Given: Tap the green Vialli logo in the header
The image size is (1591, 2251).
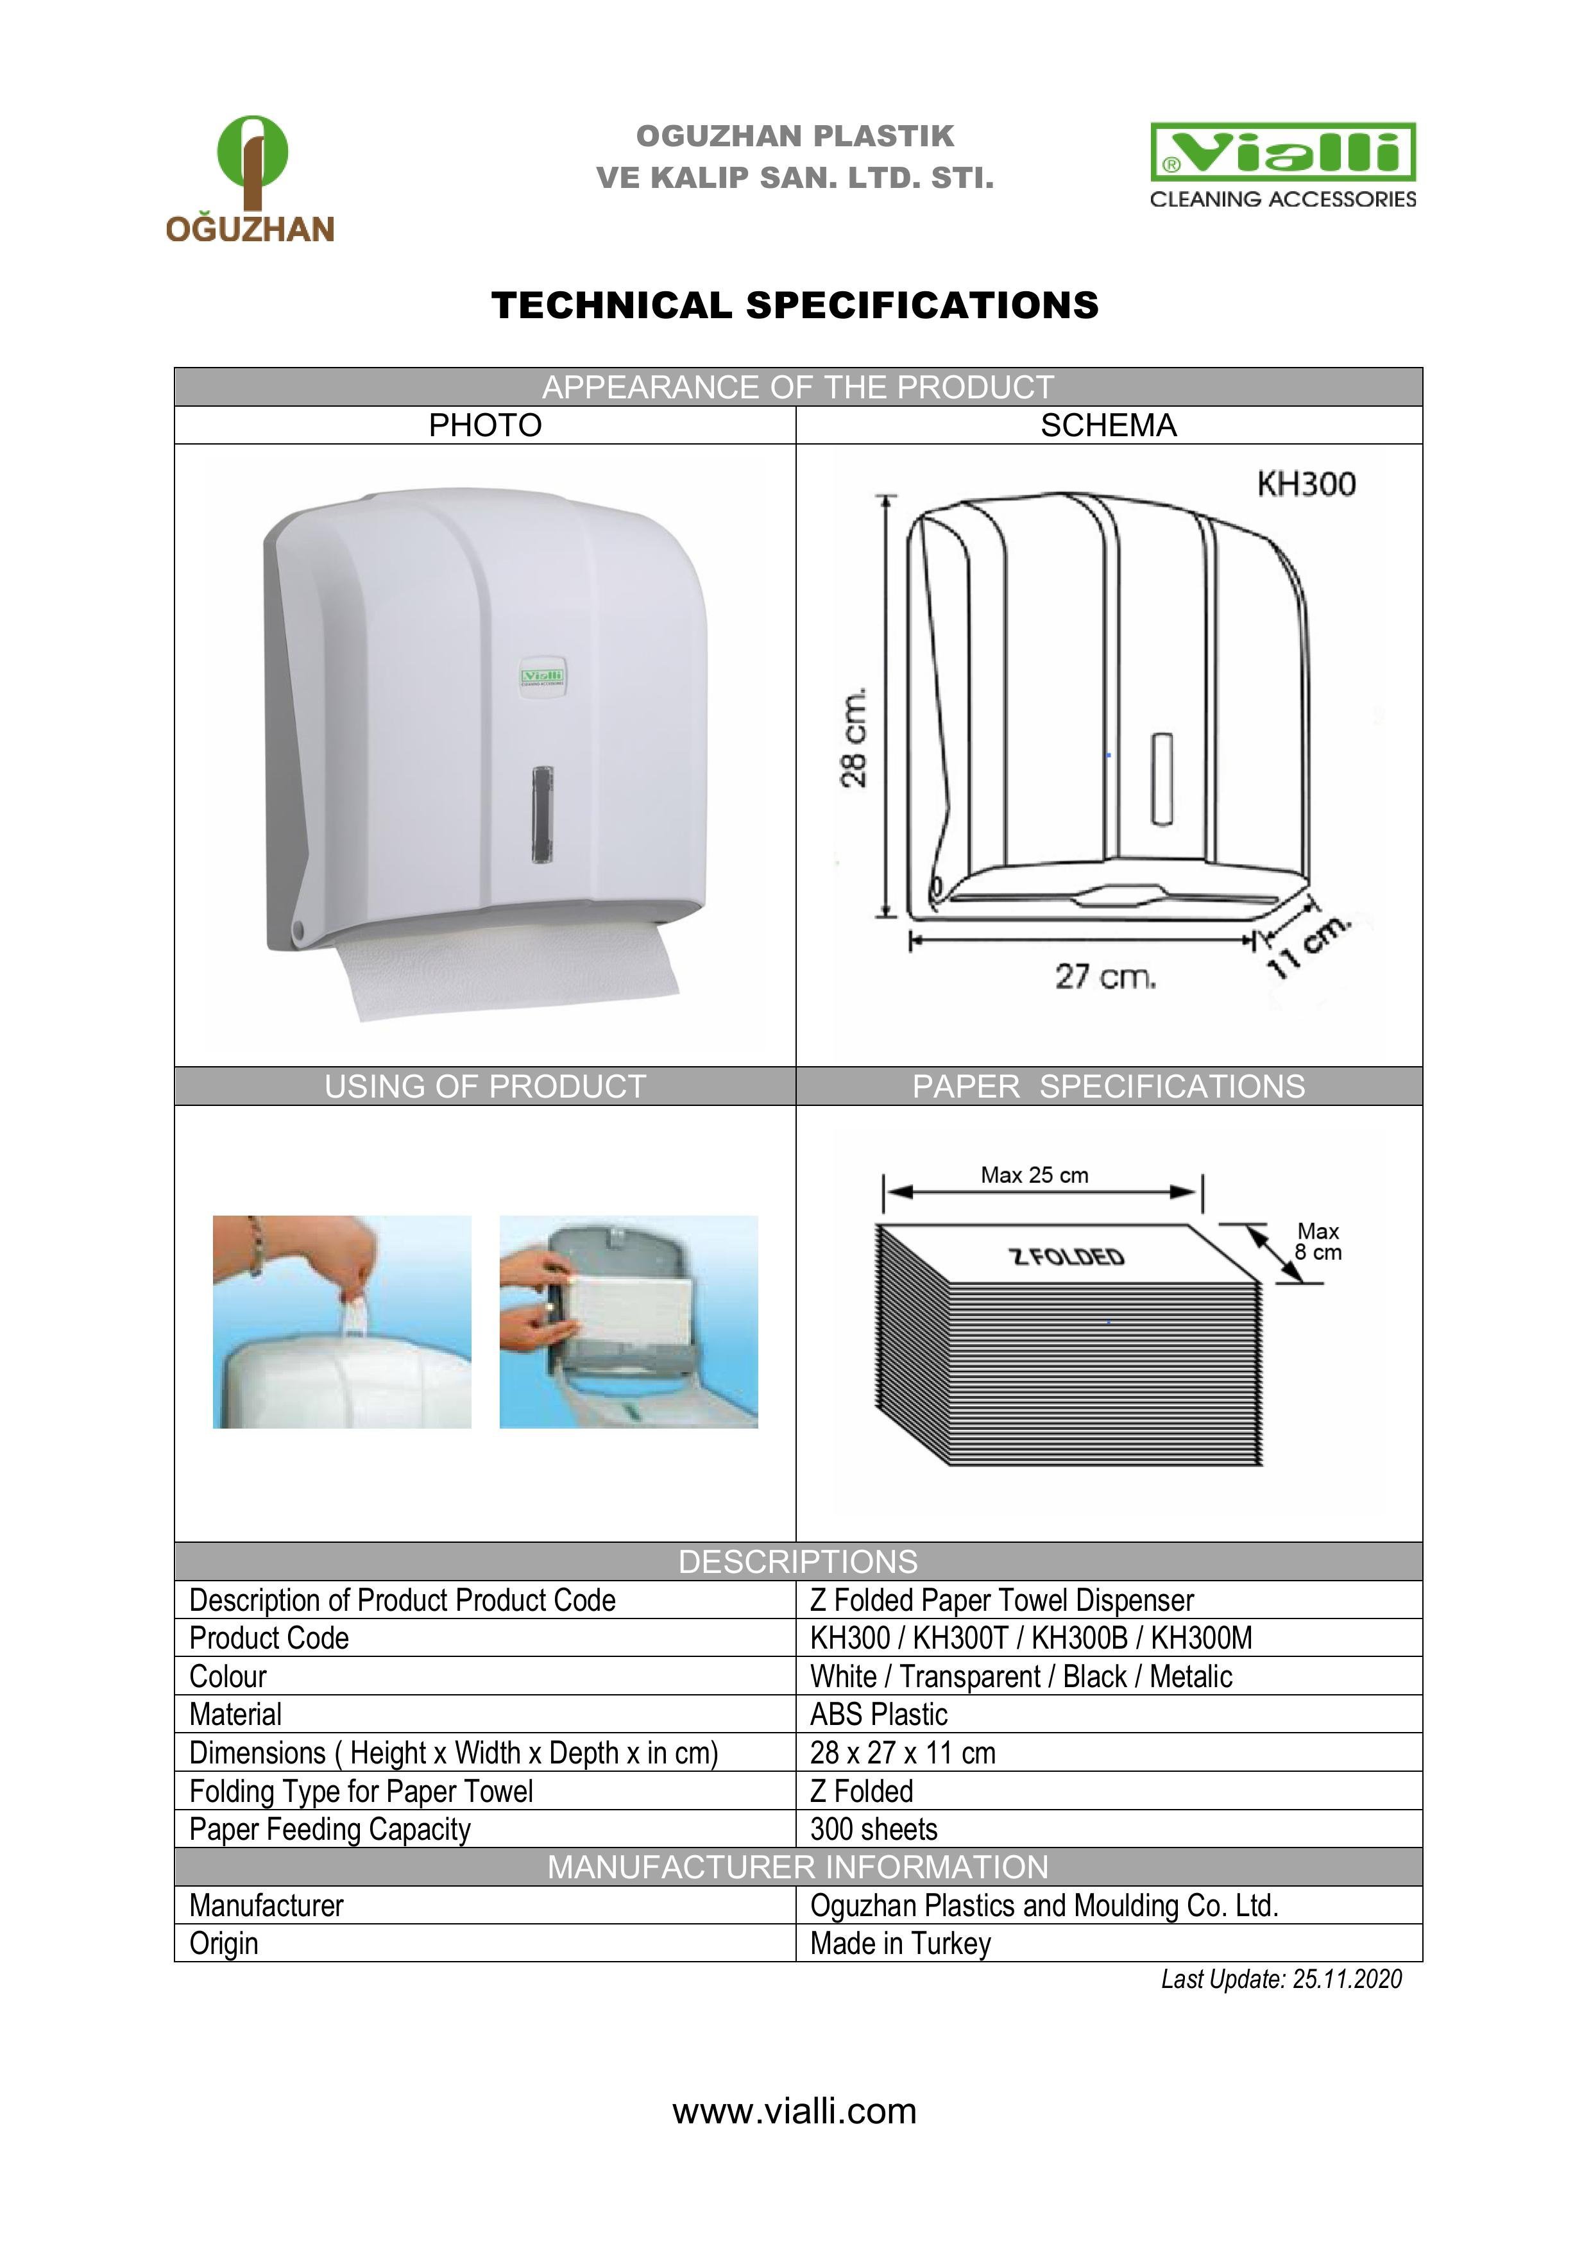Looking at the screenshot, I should [1282, 153].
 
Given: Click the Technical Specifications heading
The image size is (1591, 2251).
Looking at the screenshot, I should [795, 305].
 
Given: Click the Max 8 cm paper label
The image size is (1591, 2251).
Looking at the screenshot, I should [1318, 1241].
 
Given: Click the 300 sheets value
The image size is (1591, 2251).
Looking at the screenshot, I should [873, 1830].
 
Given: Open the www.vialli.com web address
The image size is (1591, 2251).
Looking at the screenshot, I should [794, 2111].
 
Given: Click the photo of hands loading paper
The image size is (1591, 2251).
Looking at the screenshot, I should [628, 1321].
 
